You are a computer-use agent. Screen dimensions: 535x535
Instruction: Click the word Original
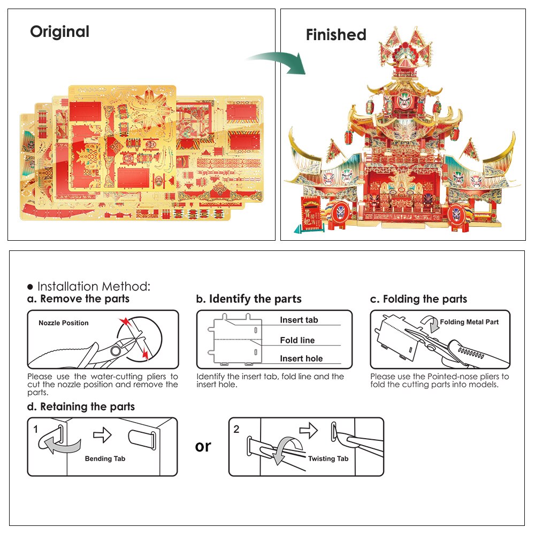point(59,32)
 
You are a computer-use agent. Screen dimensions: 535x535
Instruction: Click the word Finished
point(336,35)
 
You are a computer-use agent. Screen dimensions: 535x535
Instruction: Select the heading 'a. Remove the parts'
point(78,299)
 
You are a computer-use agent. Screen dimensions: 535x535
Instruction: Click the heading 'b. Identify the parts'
point(249,299)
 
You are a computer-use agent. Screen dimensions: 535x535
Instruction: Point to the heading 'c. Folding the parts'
point(418,299)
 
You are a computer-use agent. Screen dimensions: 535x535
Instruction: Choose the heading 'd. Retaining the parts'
point(81,407)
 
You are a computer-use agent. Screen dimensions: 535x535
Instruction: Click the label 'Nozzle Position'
point(64,323)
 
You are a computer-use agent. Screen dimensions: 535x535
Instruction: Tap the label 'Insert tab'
point(299,320)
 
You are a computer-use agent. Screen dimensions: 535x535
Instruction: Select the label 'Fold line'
point(297,340)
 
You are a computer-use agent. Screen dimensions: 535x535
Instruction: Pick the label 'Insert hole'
point(301,358)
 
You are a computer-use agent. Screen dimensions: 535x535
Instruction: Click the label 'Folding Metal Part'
point(469,322)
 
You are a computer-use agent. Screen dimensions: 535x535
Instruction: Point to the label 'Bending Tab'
point(105,458)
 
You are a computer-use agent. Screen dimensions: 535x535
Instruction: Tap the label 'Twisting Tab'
point(328,458)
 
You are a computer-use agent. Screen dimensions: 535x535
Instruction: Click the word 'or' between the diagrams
point(203,446)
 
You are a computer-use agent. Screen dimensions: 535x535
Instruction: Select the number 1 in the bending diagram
point(35,429)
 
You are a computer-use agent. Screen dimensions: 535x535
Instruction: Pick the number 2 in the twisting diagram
point(236,429)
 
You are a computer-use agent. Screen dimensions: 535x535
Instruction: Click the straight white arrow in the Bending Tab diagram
point(102,436)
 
